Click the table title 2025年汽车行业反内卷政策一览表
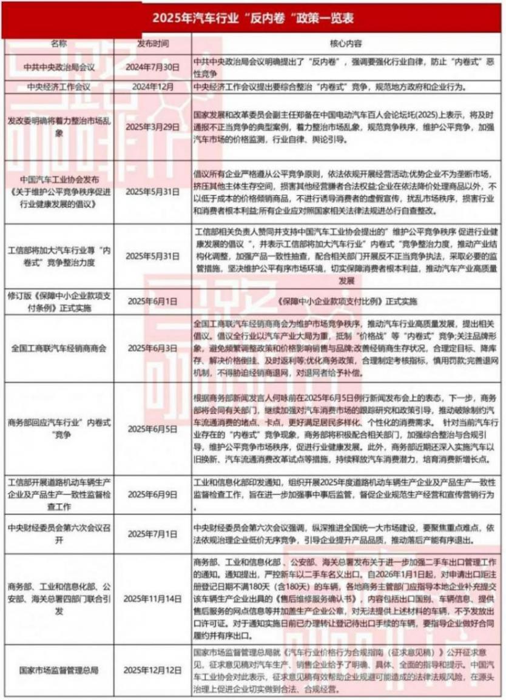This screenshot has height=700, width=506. click(253, 18)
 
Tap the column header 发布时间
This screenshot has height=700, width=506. click(152, 44)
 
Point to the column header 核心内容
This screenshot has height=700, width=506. click(347, 44)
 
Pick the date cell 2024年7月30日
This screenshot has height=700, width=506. click(152, 67)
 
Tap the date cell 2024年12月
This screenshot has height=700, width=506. click(152, 86)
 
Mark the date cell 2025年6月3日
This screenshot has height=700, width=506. click(152, 349)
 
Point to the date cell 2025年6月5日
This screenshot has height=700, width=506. click(152, 428)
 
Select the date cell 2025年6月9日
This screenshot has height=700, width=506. click(152, 494)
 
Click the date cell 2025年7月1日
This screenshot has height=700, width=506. click(152, 533)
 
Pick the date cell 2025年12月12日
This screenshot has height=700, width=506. click(152, 670)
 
